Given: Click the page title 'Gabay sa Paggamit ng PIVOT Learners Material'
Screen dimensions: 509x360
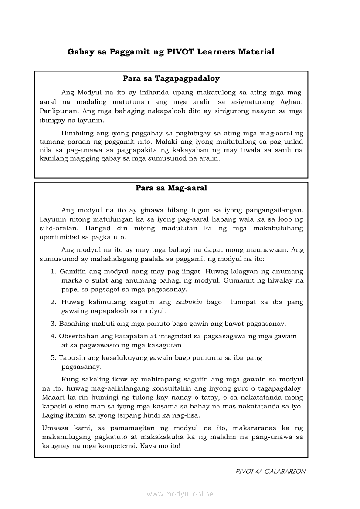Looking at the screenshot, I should pyautogui.click(x=171, y=52).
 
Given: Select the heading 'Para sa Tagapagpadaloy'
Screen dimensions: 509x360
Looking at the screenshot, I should pyautogui.click(x=171, y=79).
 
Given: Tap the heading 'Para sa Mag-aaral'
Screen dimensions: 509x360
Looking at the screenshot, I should pyautogui.click(x=171, y=188).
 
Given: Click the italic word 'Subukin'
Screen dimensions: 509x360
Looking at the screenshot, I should pyautogui.click(x=189, y=302).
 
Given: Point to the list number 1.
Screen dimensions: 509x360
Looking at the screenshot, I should pyautogui.click(x=53, y=271).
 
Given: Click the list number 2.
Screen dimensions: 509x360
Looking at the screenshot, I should pyautogui.click(x=53, y=302).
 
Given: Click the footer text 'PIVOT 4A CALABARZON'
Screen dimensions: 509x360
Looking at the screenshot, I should pyautogui.click(x=270, y=472).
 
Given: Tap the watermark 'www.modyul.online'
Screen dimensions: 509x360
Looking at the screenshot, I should pyautogui.click(x=180, y=494).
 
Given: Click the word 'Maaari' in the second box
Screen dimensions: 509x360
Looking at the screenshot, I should pyautogui.click(x=52, y=398).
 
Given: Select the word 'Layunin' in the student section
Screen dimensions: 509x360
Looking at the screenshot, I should pyautogui.click(x=53, y=219).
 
